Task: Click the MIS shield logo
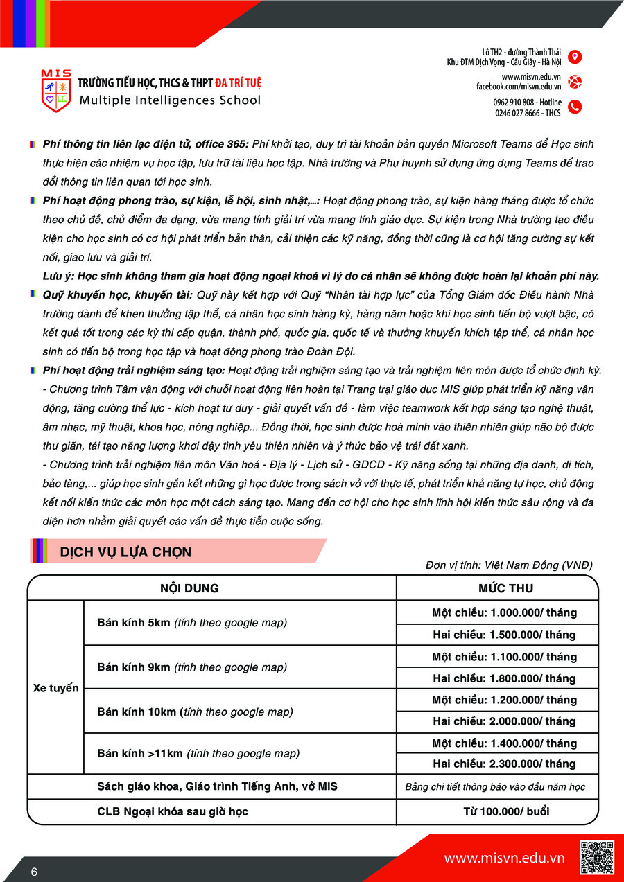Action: (55, 91)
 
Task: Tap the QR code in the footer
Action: (596, 858)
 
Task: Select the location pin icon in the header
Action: (575, 57)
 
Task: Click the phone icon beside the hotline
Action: (575, 107)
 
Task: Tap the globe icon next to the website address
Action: (575, 82)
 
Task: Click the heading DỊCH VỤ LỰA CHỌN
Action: (125, 552)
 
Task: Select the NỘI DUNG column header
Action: (189, 588)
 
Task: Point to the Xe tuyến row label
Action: (56, 688)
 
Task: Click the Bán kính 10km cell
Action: (195, 712)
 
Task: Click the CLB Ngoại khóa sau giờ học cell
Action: (173, 811)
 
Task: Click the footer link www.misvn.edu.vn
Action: (504, 858)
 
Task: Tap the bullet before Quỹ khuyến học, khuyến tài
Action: (33, 294)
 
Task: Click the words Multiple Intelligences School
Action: (171, 100)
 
